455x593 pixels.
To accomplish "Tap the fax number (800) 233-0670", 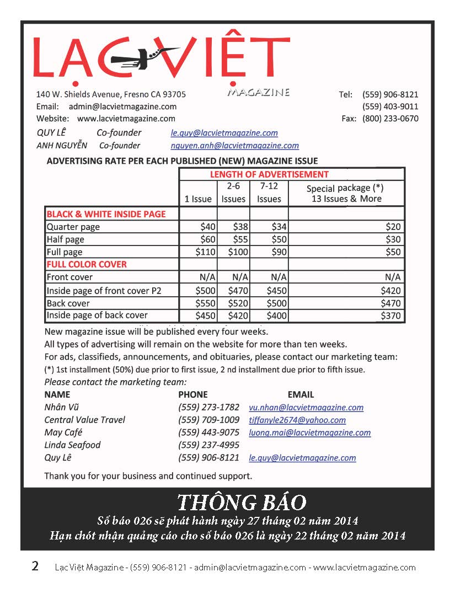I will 390,119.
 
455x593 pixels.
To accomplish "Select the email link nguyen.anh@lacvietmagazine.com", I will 234,146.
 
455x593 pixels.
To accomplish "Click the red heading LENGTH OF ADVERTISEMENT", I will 269,174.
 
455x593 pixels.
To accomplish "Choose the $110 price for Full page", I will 204,252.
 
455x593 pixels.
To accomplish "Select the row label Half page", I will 65,239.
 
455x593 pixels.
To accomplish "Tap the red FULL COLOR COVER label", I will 87,264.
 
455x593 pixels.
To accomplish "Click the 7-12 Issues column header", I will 269,193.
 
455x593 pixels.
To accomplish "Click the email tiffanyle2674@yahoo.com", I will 297,420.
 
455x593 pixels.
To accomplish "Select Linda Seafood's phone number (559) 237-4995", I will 208,445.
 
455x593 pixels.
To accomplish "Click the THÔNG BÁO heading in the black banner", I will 241,503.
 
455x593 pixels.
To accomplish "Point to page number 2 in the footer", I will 35,567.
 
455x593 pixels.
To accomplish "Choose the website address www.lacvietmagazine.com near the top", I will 126,119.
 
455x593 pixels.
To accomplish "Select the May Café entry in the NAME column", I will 63,432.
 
